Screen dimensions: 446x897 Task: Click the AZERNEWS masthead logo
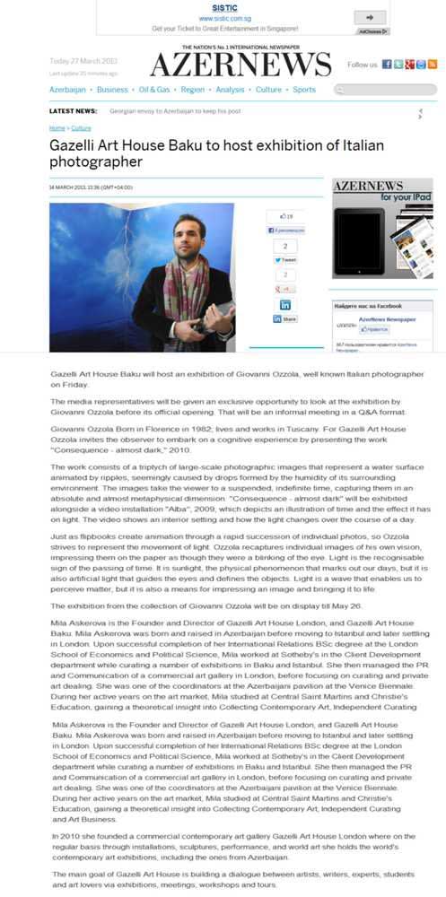tap(240, 64)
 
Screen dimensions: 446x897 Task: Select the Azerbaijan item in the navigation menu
tap(68, 90)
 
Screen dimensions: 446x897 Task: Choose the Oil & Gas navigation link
tap(154, 90)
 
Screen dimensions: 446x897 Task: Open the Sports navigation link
tap(304, 90)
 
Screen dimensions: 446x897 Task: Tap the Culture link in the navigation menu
tap(268, 90)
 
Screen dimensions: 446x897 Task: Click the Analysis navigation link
tap(230, 90)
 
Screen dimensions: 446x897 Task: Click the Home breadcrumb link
tap(57, 128)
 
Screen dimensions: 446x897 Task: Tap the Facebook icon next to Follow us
tap(387, 65)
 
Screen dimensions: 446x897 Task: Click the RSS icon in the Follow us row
tap(432, 65)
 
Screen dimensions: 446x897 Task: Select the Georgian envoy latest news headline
tap(174, 111)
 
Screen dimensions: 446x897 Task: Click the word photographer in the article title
tap(96, 161)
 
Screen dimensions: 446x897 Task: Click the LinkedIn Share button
tap(284, 318)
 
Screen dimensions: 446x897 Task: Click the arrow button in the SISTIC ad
tap(375, 17)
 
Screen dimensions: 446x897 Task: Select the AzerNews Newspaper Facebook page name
tap(387, 319)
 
